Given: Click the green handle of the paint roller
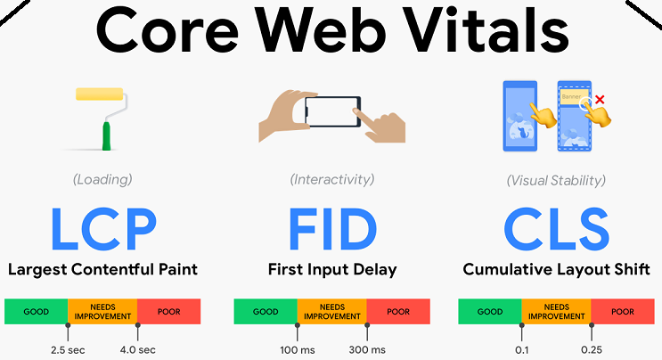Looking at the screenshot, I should pyautogui.click(x=106, y=135).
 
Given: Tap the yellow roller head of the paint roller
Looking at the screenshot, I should pyautogui.click(x=100, y=95).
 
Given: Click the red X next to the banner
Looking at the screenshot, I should pyautogui.click(x=600, y=99).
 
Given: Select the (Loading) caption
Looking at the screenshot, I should pyautogui.click(x=102, y=180).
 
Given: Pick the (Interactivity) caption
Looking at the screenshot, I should pyautogui.click(x=331, y=180).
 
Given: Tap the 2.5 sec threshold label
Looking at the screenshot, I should pyautogui.click(x=68, y=348).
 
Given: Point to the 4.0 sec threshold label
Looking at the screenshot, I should pyautogui.click(x=138, y=348).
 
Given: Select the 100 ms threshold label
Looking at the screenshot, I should pyautogui.click(x=296, y=348).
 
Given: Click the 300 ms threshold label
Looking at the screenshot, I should pyautogui.click(x=366, y=348).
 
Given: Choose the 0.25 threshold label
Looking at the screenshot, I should pyautogui.click(x=591, y=348).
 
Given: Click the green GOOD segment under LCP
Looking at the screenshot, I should pyautogui.click(x=37, y=312).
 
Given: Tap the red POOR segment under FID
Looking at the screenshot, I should pyautogui.click(x=398, y=312).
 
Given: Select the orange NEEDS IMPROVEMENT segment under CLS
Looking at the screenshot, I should pyautogui.click(x=556, y=312).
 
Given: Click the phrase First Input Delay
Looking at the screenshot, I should pyautogui.click(x=331, y=269).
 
